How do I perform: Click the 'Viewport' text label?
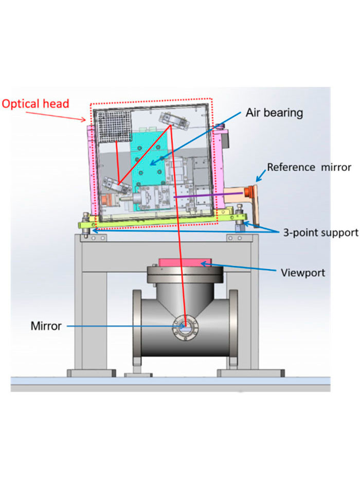303,272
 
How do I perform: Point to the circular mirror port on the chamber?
185,326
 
